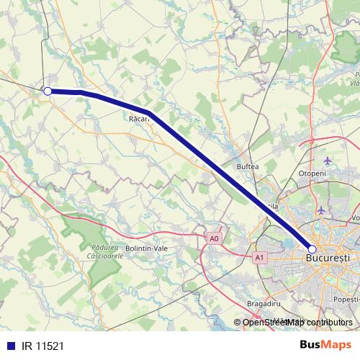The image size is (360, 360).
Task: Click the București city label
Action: [328, 257]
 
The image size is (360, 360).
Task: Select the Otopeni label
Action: [312, 174]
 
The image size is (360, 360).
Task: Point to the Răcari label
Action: [140, 119]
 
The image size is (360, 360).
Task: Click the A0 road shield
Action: [213, 238]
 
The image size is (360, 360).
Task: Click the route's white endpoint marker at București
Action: [312, 248]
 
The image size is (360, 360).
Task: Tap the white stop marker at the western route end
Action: [48, 91]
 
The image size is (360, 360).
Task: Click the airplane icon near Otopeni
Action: [328, 160]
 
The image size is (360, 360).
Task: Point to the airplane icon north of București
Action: [321, 210]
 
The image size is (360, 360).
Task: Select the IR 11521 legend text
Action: [43, 346]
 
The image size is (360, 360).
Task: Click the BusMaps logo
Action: [324, 345]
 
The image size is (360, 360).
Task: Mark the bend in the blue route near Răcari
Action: [148, 112]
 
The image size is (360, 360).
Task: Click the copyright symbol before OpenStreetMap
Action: [238, 322]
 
